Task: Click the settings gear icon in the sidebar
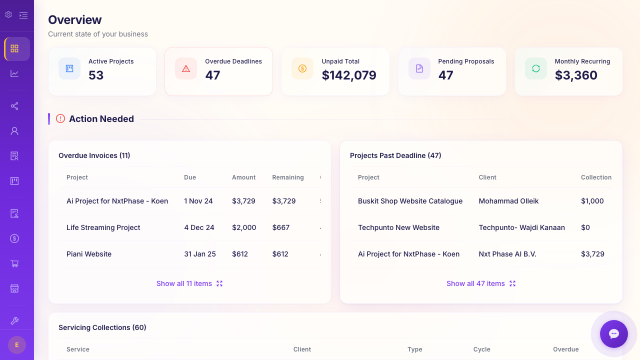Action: pos(8,14)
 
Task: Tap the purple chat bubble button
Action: pos(614,334)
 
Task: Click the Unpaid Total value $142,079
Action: pos(348,75)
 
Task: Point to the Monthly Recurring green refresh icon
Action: pos(535,68)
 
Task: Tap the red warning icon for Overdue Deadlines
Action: pos(186,68)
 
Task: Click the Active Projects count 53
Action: pos(96,75)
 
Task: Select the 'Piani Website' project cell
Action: pos(89,254)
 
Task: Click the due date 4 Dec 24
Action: pos(199,227)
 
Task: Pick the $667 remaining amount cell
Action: pos(281,227)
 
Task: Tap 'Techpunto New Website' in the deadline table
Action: pos(398,227)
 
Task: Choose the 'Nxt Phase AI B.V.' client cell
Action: pos(507,254)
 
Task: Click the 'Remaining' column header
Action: pos(287,177)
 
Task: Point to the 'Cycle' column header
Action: pos(481,349)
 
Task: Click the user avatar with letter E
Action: pos(17,345)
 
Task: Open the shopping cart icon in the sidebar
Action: pos(14,263)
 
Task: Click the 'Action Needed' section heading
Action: pos(101,119)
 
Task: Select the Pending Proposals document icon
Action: pos(419,68)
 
